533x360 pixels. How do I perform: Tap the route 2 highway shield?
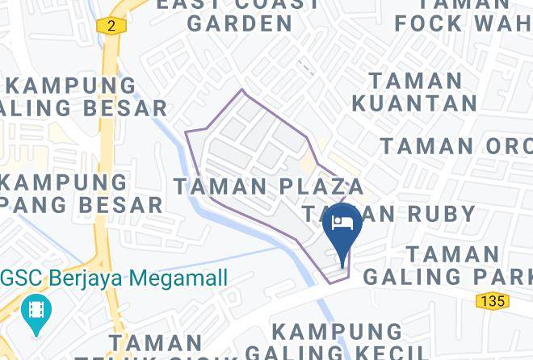coord(111,26)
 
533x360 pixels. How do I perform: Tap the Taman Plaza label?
coord(269,186)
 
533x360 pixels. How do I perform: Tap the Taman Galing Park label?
coord(447,265)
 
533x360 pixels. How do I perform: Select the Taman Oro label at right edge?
coord(456,146)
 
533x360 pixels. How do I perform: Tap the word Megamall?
coord(181,278)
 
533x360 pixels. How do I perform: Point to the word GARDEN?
coord(240,23)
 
